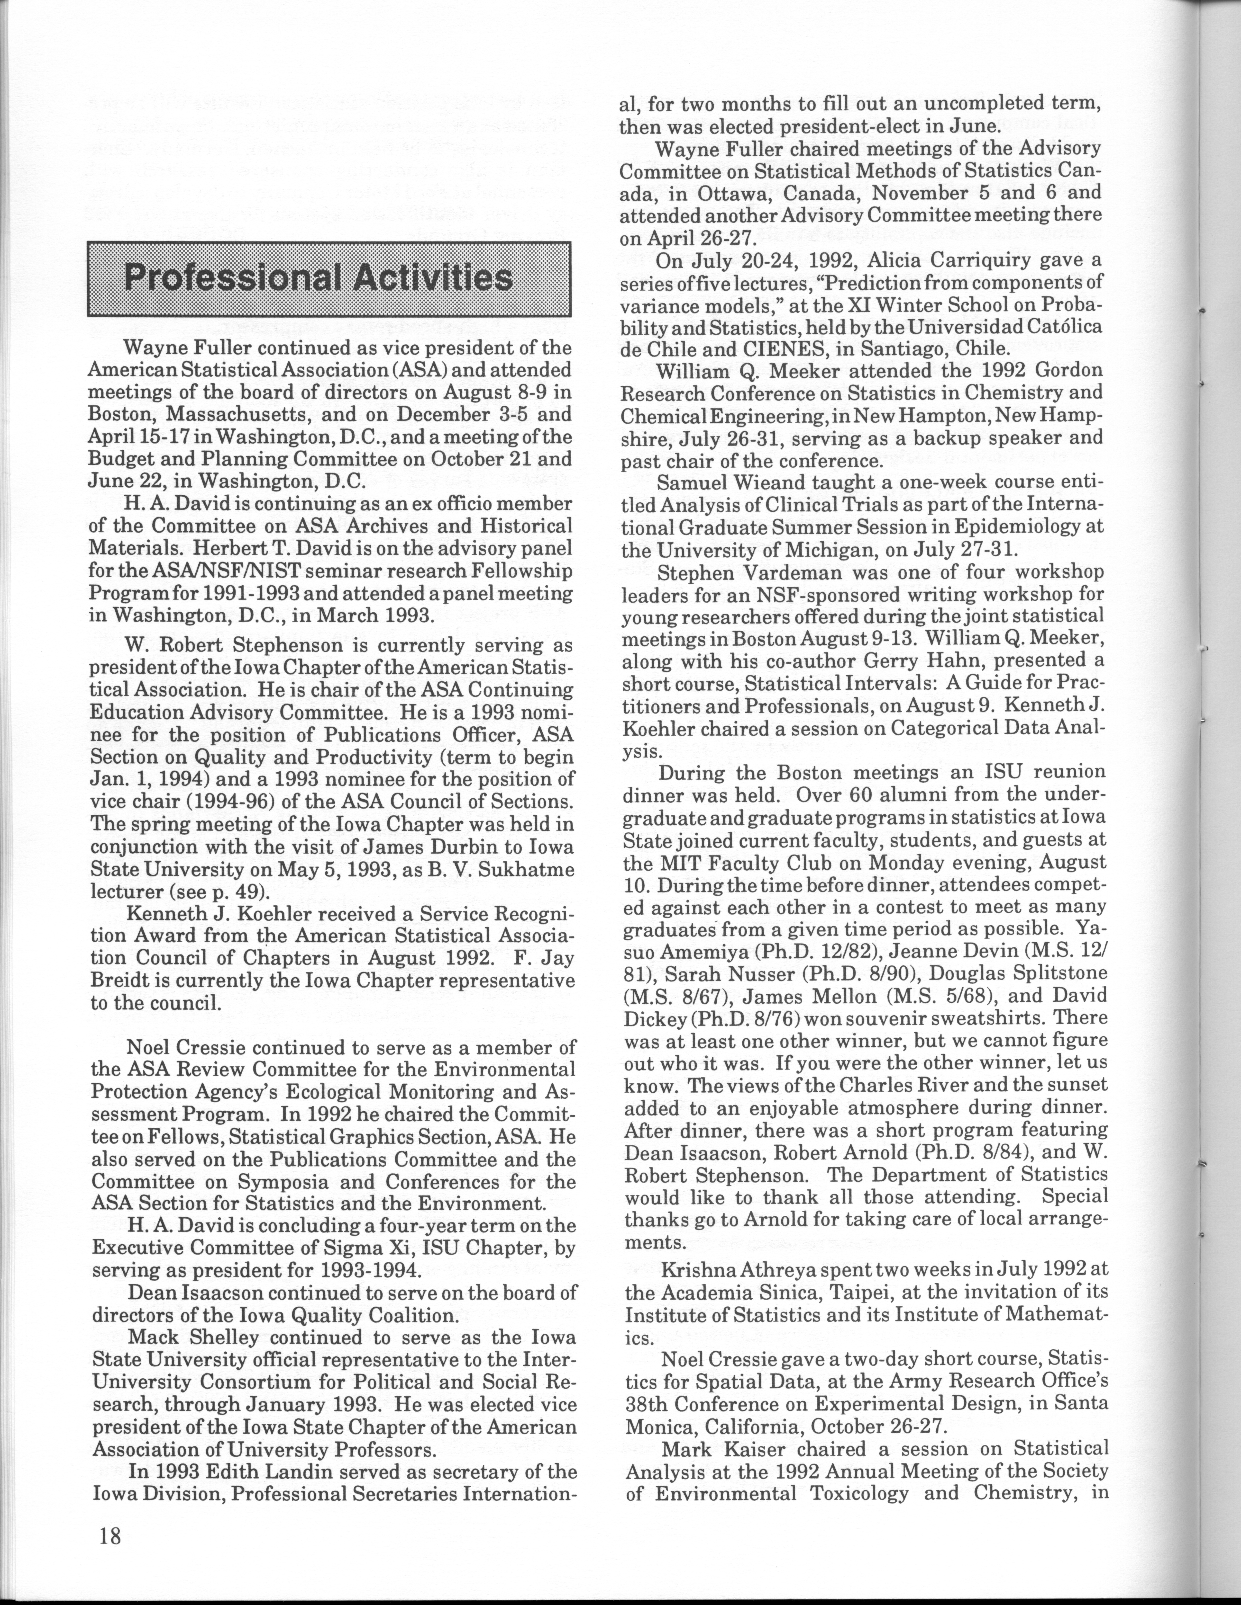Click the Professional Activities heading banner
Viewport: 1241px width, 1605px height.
point(329,279)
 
